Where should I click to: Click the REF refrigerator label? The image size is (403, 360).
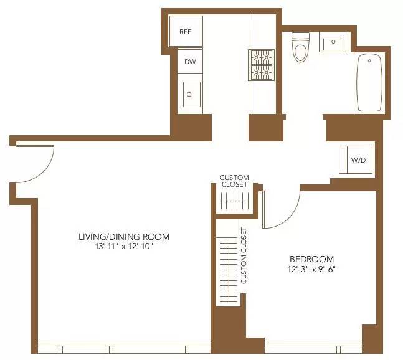click(185, 32)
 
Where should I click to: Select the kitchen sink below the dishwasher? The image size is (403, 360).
click(190, 94)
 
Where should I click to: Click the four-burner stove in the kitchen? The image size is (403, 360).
click(262, 65)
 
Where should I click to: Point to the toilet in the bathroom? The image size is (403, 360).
click(300, 48)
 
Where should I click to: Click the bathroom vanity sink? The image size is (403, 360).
click(334, 43)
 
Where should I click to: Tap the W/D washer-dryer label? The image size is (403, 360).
click(358, 160)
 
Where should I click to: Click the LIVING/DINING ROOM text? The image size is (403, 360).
click(124, 237)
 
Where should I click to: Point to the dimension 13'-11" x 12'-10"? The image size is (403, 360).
click(124, 247)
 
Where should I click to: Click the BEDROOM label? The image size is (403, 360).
click(311, 259)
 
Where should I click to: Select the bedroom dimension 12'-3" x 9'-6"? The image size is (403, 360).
click(311, 270)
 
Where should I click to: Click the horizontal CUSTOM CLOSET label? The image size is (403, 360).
click(234, 181)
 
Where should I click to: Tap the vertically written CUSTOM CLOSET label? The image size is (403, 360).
click(244, 255)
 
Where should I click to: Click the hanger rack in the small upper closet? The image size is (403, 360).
click(235, 202)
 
